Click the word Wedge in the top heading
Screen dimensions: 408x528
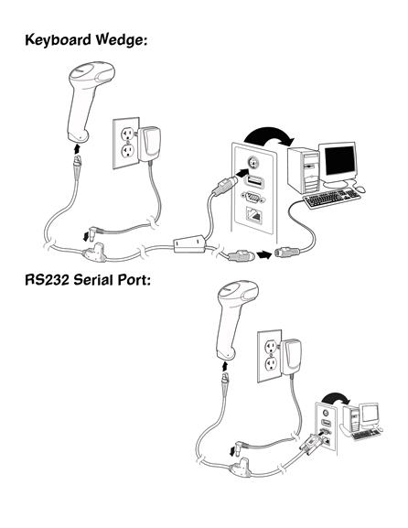tap(120, 40)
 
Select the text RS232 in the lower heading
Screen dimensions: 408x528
tap(48, 279)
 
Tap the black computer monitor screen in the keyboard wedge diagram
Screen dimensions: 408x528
tap(340, 161)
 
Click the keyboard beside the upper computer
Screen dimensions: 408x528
tap(331, 198)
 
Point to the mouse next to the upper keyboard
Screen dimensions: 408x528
tap(360, 189)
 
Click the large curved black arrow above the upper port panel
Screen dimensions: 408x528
tap(269, 135)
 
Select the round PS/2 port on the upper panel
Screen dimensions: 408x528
tap(252, 163)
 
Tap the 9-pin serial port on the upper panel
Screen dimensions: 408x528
tap(253, 198)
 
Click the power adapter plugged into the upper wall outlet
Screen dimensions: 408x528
tap(148, 144)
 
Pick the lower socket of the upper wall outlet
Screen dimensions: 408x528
tap(127, 151)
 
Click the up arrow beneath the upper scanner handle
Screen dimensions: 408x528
tap(78, 148)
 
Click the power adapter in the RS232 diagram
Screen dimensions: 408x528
tap(291, 357)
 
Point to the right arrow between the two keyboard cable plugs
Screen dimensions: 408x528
tap(264, 254)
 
